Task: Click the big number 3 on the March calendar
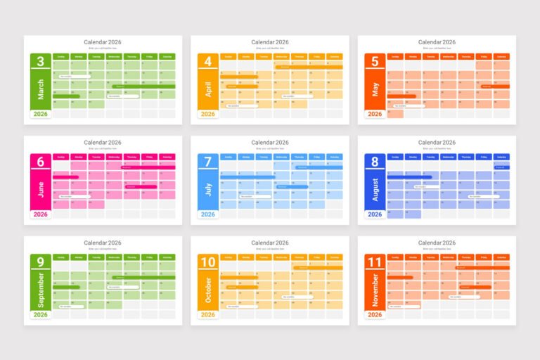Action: [x=40, y=62]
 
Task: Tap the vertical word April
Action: [x=207, y=89]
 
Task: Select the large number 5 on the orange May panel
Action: [x=375, y=62]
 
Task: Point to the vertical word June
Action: [x=40, y=189]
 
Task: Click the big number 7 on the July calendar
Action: [x=207, y=162]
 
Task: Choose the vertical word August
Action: [x=375, y=189]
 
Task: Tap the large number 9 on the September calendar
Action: [x=40, y=263]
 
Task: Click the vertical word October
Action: [x=207, y=290]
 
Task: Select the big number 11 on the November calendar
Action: [x=375, y=263]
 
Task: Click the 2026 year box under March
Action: [x=40, y=114]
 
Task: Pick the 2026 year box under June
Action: [x=40, y=214]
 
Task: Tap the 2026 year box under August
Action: [x=375, y=214]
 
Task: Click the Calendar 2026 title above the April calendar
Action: [x=270, y=42]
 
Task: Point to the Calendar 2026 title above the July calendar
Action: [x=270, y=143]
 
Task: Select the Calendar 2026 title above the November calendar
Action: [x=437, y=243]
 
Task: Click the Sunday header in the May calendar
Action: [x=395, y=57]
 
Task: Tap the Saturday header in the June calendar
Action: [x=167, y=157]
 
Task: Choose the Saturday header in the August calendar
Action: [x=501, y=157]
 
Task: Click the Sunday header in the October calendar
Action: [x=229, y=258]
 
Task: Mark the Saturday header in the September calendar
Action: [x=167, y=258]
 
